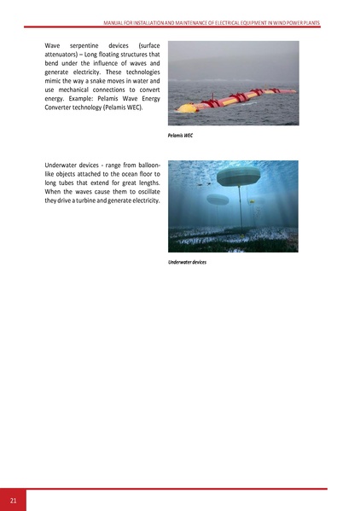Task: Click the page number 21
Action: pyautogui.click(x=14, y=500)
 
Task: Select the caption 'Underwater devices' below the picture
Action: pyautogui.click(x=188, y=263)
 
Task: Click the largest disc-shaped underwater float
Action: pyautogui.click(x=243, y=177)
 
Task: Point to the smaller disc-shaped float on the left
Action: pyautogui.click(x=217, y=200)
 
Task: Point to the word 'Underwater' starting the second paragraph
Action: pyautogui.click(x=64, y=163)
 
